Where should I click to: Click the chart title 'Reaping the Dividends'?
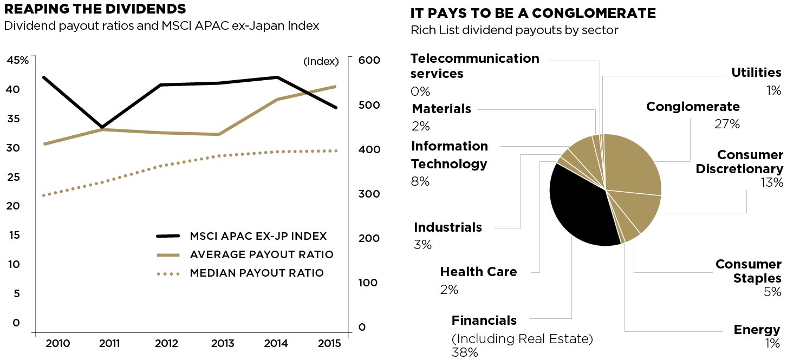[x=95, y=9]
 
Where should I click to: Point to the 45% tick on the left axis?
[x=17, y=60]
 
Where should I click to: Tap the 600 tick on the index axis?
[x=370, y=60]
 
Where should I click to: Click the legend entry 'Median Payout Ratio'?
[x=256, y=273]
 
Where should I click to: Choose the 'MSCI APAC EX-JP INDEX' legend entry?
[x=258, y=237]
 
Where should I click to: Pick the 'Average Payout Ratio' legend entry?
[x=261, y=255]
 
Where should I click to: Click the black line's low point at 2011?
[x=102, y=128]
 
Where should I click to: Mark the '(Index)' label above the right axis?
[x=321, y=61]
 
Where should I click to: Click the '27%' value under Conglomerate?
[x=727, y=125]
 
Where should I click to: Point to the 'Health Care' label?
[x=478, y=272]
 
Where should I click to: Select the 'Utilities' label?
[x=756, y=73]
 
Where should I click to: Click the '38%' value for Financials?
[x=465, y=353]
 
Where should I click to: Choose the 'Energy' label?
[x=757, y=330]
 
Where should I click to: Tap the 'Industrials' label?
[x=448, y=227]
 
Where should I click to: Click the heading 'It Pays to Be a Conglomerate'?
[x=533, y=13]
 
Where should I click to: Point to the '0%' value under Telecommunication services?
[x=420, y=91]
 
